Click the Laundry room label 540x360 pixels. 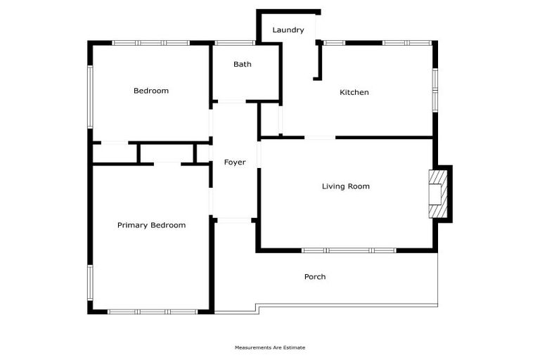pos(288,30)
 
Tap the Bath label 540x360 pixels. pos(243,64)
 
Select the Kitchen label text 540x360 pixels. pos(354,92)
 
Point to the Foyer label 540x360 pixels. pos(235,162)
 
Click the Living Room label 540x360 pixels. pos(346,186)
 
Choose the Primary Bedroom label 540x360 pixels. pos(152,225)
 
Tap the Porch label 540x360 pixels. pos(315,276)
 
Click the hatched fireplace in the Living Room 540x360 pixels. pos(438,194)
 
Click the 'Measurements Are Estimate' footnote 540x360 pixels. pos(270,347)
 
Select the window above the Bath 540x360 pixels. pos(235,43)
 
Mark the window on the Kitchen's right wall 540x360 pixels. pos(435,90)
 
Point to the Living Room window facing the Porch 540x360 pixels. pos(349,250)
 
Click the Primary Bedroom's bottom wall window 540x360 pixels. pos(153,311)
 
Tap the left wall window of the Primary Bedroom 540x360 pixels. pos(90,283)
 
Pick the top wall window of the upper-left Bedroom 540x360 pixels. pos(151,43)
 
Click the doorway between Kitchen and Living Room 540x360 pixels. pos(320,138)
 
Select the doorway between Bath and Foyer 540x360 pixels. pos(232,102)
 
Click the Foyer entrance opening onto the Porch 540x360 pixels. pos(235,221)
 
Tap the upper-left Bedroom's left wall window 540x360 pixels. pos(90,97)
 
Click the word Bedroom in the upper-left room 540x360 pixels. pos(151,91)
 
